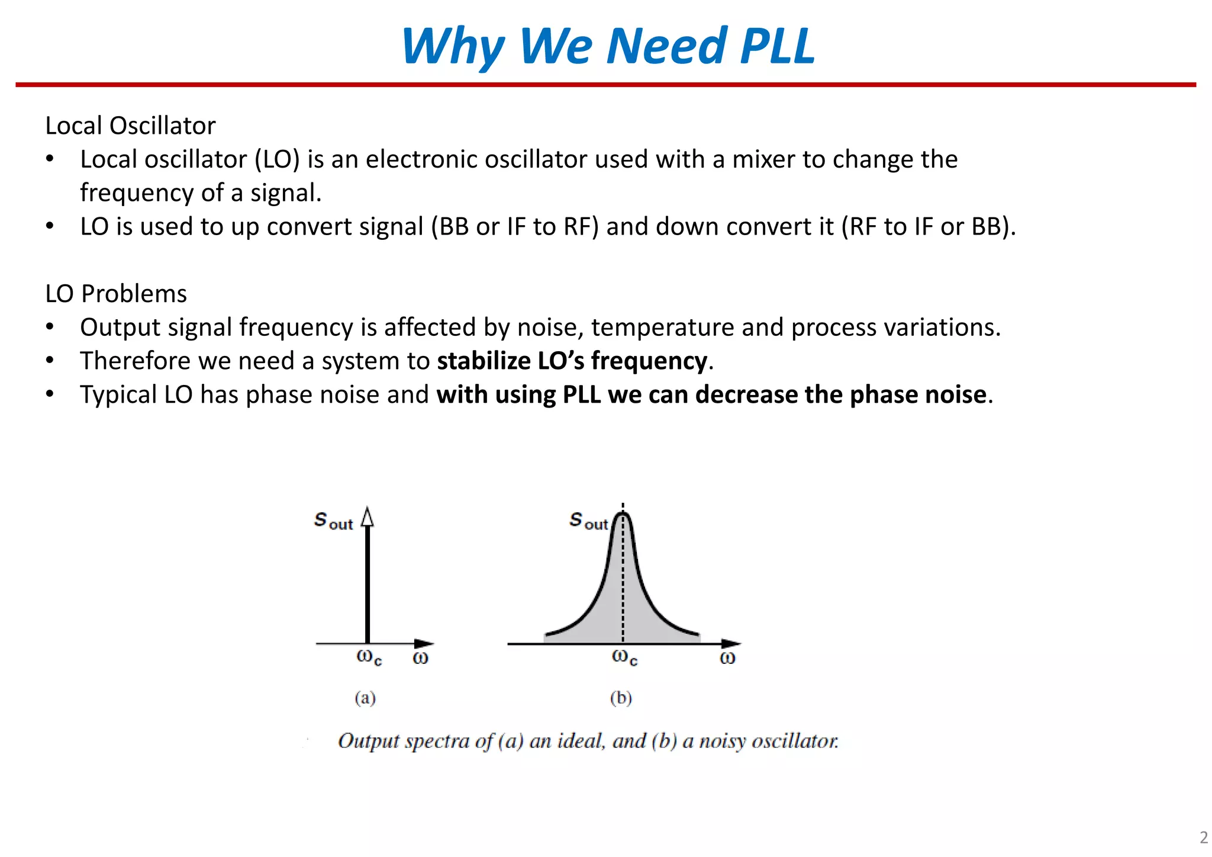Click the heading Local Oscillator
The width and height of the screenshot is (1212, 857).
pyautogui.click(x=130, y=126)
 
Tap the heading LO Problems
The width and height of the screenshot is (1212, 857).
pyautogui.click(x=116, y=294)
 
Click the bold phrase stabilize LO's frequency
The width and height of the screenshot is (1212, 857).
pyautogui.click(x=572, y=361)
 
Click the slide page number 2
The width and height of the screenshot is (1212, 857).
pyautogui.click(x=1203, y=837)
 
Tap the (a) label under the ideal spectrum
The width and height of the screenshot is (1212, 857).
pyautogui.click(x=365, y=698)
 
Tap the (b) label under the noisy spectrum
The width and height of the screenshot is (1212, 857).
pyautogui.click(x=621, y=698)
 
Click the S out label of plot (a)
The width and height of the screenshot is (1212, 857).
pyautogui.click(x=333, y=521)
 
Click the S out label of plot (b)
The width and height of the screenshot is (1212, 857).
pyautogui.click(x=588, y=521)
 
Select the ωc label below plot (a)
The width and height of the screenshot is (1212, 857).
pyautogui.click(x=369, y=657)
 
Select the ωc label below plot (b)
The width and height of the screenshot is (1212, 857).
pyautogui.click(x=624, y=657)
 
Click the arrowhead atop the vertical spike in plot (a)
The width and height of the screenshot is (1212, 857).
pyautogui.click(x=368, y=517)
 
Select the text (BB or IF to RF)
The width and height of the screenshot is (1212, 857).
pyautogui.click(x=515, y=227)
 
